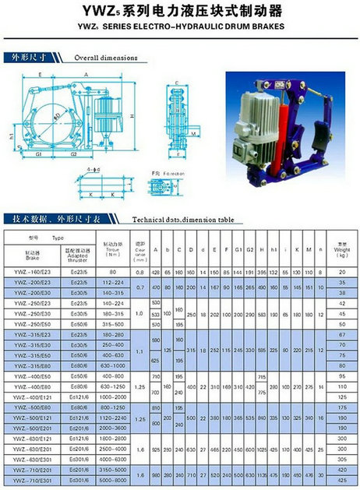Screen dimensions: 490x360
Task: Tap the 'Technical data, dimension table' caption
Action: click(x=184, y=220)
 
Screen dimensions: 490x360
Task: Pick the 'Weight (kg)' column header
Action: click(x=342, y=251)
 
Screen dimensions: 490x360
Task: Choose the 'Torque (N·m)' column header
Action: click(x=112, y=252)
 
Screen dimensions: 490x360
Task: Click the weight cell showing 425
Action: click(x=342, y=480)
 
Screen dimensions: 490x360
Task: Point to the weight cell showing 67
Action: click(x=342, y=334)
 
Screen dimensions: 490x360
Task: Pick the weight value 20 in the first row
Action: click(x=342, y=271)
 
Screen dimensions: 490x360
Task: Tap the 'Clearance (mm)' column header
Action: click(x=140, y=252)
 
